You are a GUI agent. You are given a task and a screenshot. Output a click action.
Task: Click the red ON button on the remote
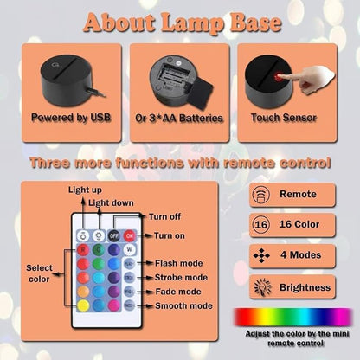(130, 234)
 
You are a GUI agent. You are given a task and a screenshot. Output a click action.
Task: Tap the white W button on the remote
(130, 248)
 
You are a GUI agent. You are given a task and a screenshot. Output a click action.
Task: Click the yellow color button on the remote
(83, 305)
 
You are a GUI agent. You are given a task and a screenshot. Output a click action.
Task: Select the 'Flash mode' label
(180, 262)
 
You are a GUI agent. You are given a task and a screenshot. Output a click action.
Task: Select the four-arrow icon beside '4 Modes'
(260, 256)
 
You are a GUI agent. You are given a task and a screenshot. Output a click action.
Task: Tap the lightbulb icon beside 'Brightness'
(260, 286)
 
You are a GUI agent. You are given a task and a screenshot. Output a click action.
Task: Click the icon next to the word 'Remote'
(260, 195)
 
